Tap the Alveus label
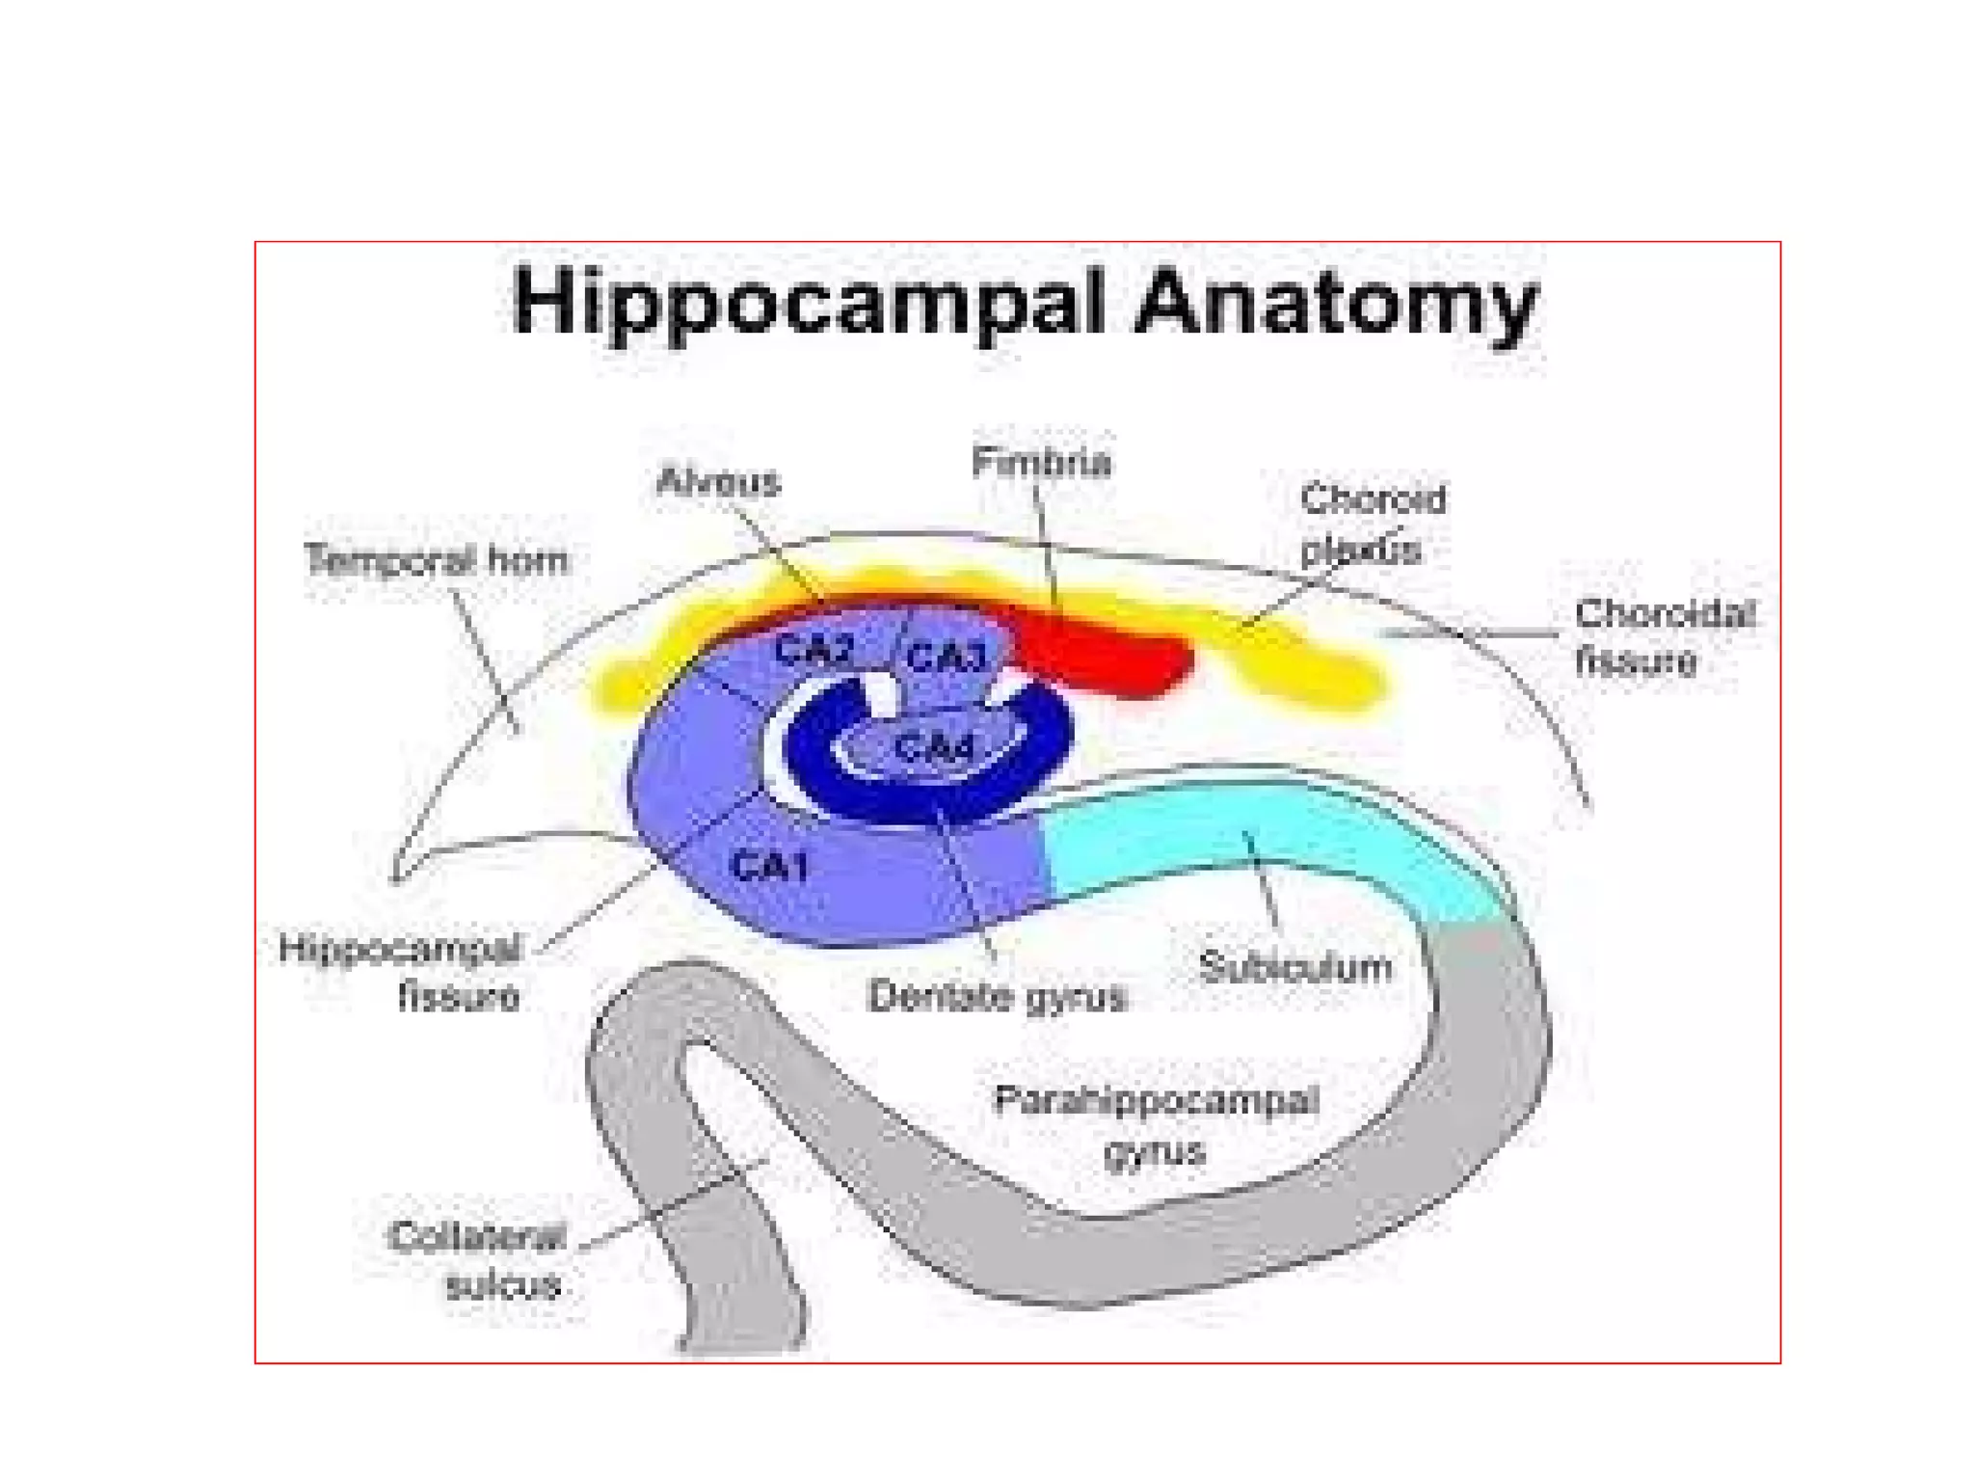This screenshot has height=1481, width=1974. (x=718, y=481)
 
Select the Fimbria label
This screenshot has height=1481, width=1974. (x=1041, y=462)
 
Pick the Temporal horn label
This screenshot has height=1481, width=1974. (x=436, y=560)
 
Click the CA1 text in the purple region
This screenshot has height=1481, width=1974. (x=769, y=867)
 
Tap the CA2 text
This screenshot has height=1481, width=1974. (x=814, y=652)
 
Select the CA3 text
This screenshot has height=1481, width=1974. (x=947, y=658)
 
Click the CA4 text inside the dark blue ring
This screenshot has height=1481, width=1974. (x=933, y=747)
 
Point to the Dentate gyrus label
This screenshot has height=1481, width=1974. (x=997, y=996)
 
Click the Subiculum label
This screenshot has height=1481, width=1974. (x=1295, y=966)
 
